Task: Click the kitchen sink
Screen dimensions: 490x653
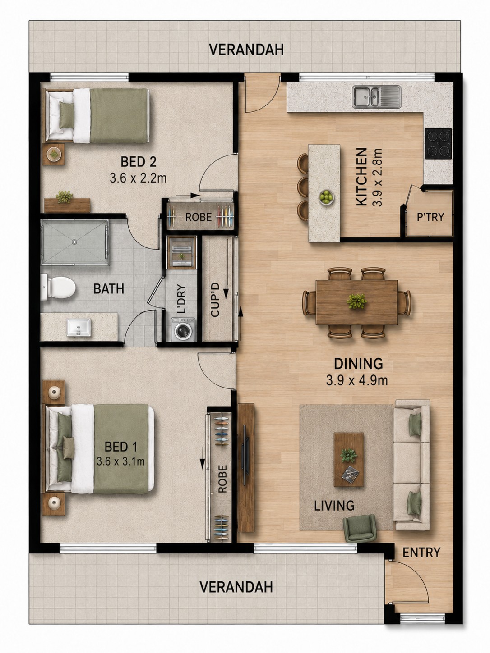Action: point(376,97)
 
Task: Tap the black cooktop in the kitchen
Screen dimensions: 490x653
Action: point(438,144)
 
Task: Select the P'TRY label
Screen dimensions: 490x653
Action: point(430,217)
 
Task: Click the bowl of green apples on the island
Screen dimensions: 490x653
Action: point(326,197)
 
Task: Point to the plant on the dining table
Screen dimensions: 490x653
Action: point(356,301)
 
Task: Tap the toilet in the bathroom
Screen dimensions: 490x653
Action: point(58,288)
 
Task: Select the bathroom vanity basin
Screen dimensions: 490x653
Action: point(79,327)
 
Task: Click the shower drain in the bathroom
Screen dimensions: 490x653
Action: point(74,242)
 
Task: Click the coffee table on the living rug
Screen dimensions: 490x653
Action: point(348,459)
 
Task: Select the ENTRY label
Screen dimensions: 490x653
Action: point(421,553)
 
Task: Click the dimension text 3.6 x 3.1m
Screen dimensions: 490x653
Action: point(120,461)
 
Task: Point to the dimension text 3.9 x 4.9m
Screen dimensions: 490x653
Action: point(357,380)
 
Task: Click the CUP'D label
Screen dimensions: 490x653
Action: point(215,300)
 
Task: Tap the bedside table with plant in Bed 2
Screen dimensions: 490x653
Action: point(54,154)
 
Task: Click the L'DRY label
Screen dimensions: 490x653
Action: point(181,299)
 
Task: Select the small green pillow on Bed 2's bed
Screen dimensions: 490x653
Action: point(66,115)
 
